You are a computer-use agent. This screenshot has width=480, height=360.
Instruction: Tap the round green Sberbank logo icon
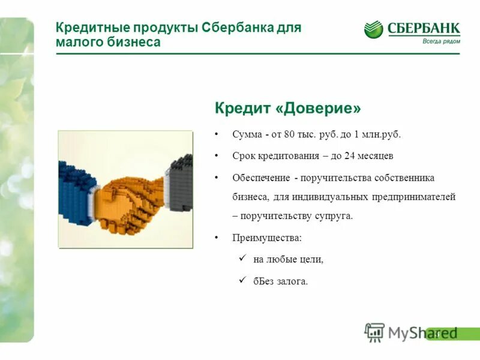373,29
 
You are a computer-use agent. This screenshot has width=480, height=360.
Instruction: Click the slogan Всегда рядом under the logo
441,41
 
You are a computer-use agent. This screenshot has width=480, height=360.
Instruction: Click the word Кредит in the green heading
239,109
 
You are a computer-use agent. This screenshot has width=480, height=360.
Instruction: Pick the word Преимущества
267,238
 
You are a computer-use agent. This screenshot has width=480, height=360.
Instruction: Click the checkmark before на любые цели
242,258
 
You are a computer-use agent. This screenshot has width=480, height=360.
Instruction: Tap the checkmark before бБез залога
242,280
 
